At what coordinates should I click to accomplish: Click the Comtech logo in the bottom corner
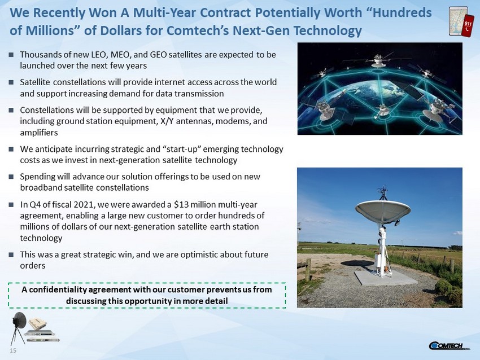tap(450, 346)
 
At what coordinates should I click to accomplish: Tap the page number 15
tap(13, 350)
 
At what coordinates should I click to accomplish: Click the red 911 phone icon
tap(468, 25)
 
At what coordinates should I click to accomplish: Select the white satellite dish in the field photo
tap(383, 211)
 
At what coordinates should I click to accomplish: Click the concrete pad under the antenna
tap(386, 278)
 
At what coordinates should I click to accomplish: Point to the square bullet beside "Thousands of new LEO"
tap(11, 55)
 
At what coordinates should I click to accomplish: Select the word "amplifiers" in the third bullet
tap(39, 133)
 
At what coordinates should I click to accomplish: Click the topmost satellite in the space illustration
tap(378, 61)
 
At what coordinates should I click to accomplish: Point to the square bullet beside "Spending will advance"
tap(11, 177)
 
